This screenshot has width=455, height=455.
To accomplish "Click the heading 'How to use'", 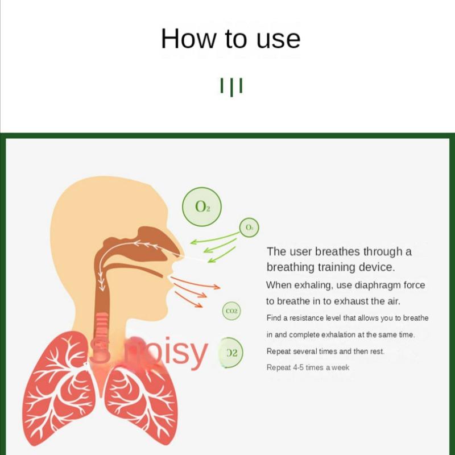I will [x=230, y=39].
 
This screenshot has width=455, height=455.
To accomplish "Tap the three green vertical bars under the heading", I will [x=231, y=86].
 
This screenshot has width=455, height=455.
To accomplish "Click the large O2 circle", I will [x=202, y=206].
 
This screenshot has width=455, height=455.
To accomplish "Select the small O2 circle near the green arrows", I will [x=249, y=227].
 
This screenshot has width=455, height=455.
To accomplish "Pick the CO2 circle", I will [x=231, y=311].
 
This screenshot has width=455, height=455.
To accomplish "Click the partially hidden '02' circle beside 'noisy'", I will [x=231, y=353].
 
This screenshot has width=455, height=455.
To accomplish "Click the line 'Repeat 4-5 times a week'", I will [x=308, y=367].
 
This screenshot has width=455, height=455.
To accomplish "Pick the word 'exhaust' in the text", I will [x=349, y=301].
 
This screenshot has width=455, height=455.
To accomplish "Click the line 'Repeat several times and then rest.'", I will [x=325, y=351].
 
